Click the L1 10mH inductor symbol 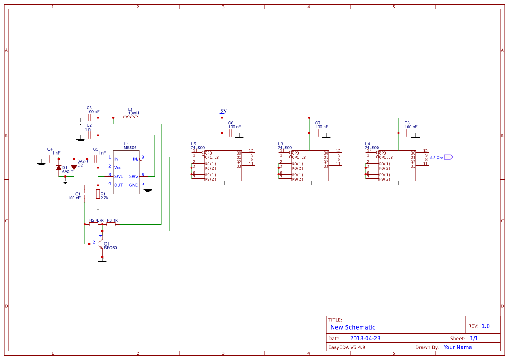pos(131,117)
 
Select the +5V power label pos(222,111)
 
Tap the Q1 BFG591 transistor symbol pos(99,245)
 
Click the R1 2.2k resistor pos(98,194)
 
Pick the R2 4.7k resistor pos(93,225)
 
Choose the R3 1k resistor pos(111,225)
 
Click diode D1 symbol pos(59,168)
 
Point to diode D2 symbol pos(74,168)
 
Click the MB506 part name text pos(130,148)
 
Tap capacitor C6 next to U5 pos(231,133)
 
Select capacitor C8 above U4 pos(407,133)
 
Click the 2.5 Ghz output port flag pos(448,157)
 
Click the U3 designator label pos(280,144)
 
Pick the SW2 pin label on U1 pos(133,176)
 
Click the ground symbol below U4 pos(398,186)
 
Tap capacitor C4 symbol pos(50,159)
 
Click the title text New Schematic pos(353,327)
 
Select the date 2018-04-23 pos(365,338)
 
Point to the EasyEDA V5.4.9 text pos(347,347)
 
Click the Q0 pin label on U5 pos(239,153)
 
